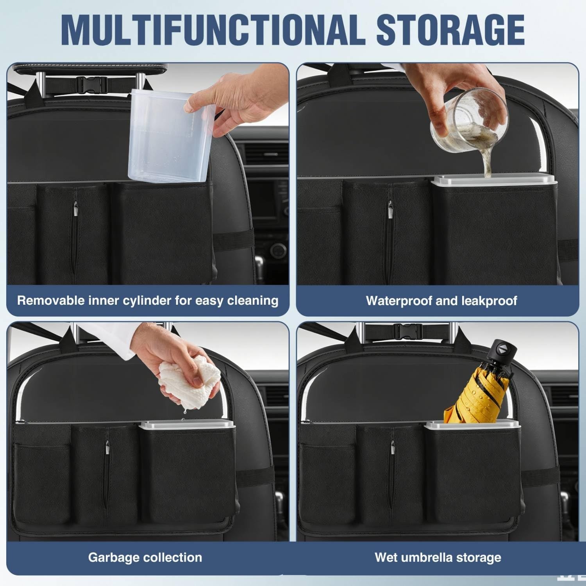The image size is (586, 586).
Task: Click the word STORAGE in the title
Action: pos(450,30)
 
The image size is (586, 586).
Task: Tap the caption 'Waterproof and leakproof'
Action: pos(441,300)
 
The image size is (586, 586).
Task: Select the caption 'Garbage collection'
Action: pos(145,557)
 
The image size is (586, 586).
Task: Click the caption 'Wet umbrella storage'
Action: pos(438,557)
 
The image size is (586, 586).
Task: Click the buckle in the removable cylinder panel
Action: pos(92,84)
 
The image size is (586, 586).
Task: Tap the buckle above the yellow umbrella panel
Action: pos(408,331)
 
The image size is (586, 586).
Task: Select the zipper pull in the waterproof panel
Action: pos(390,209)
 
